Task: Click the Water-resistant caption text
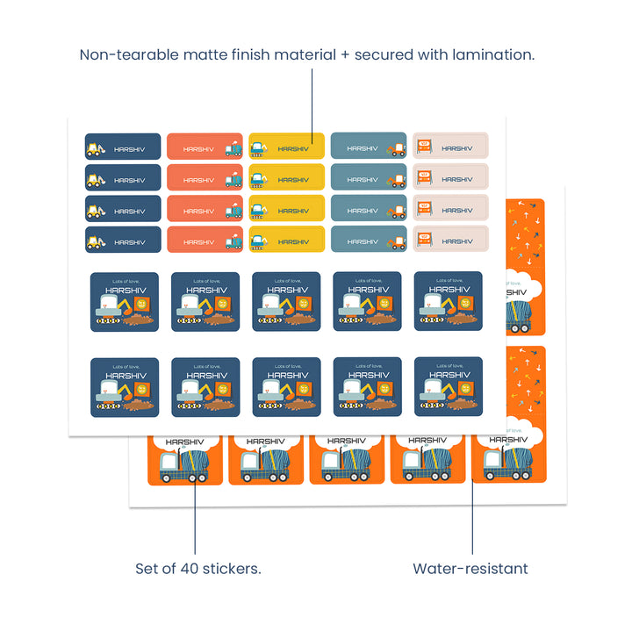[470, 569]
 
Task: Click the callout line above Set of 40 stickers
[194, 518]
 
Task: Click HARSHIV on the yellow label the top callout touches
[294, 148]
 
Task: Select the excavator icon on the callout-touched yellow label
[259, 148]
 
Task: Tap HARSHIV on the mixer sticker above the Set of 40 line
[184, 442]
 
